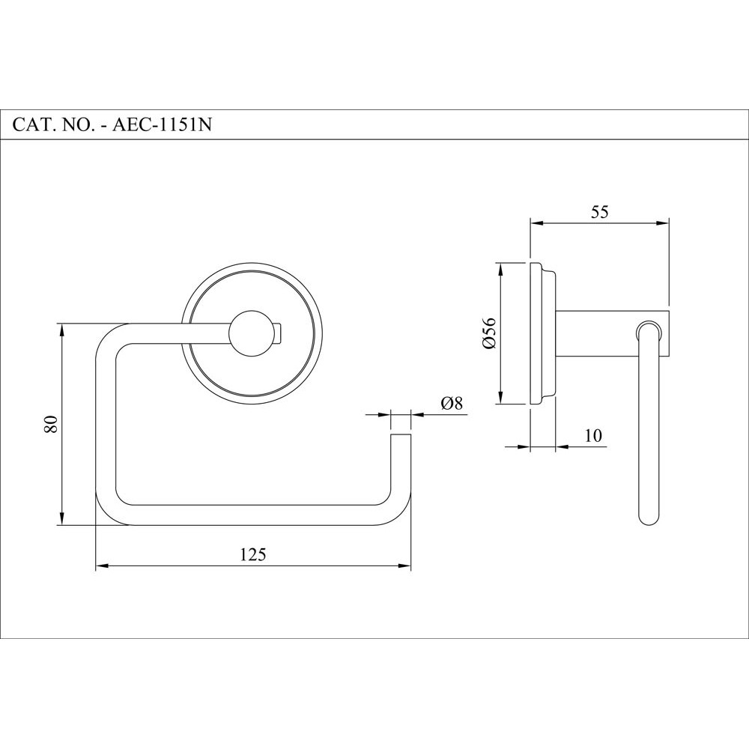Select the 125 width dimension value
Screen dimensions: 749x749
click(253, 554)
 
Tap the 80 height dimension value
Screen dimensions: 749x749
click(50, 425)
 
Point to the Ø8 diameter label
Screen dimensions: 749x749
click(452, 403)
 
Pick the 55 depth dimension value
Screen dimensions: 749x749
click(599, 212)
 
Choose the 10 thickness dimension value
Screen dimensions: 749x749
click(593, 435)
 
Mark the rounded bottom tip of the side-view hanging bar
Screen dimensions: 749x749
click(649, 517)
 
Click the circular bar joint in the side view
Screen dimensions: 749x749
click(649, 333)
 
